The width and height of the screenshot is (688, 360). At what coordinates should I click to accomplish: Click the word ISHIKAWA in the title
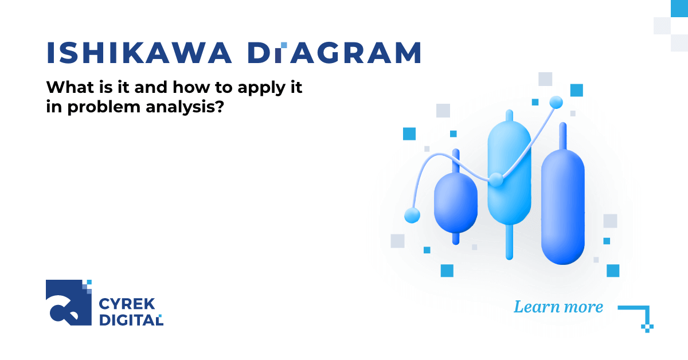139,53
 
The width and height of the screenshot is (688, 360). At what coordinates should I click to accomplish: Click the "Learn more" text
558,307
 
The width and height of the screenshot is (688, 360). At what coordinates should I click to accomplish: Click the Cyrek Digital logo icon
69,303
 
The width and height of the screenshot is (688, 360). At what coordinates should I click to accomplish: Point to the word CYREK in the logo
123,304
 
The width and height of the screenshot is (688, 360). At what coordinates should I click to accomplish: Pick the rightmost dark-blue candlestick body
563,206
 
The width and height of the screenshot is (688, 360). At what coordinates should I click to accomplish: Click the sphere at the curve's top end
556,103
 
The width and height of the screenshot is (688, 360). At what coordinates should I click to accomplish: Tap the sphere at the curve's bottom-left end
412,215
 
